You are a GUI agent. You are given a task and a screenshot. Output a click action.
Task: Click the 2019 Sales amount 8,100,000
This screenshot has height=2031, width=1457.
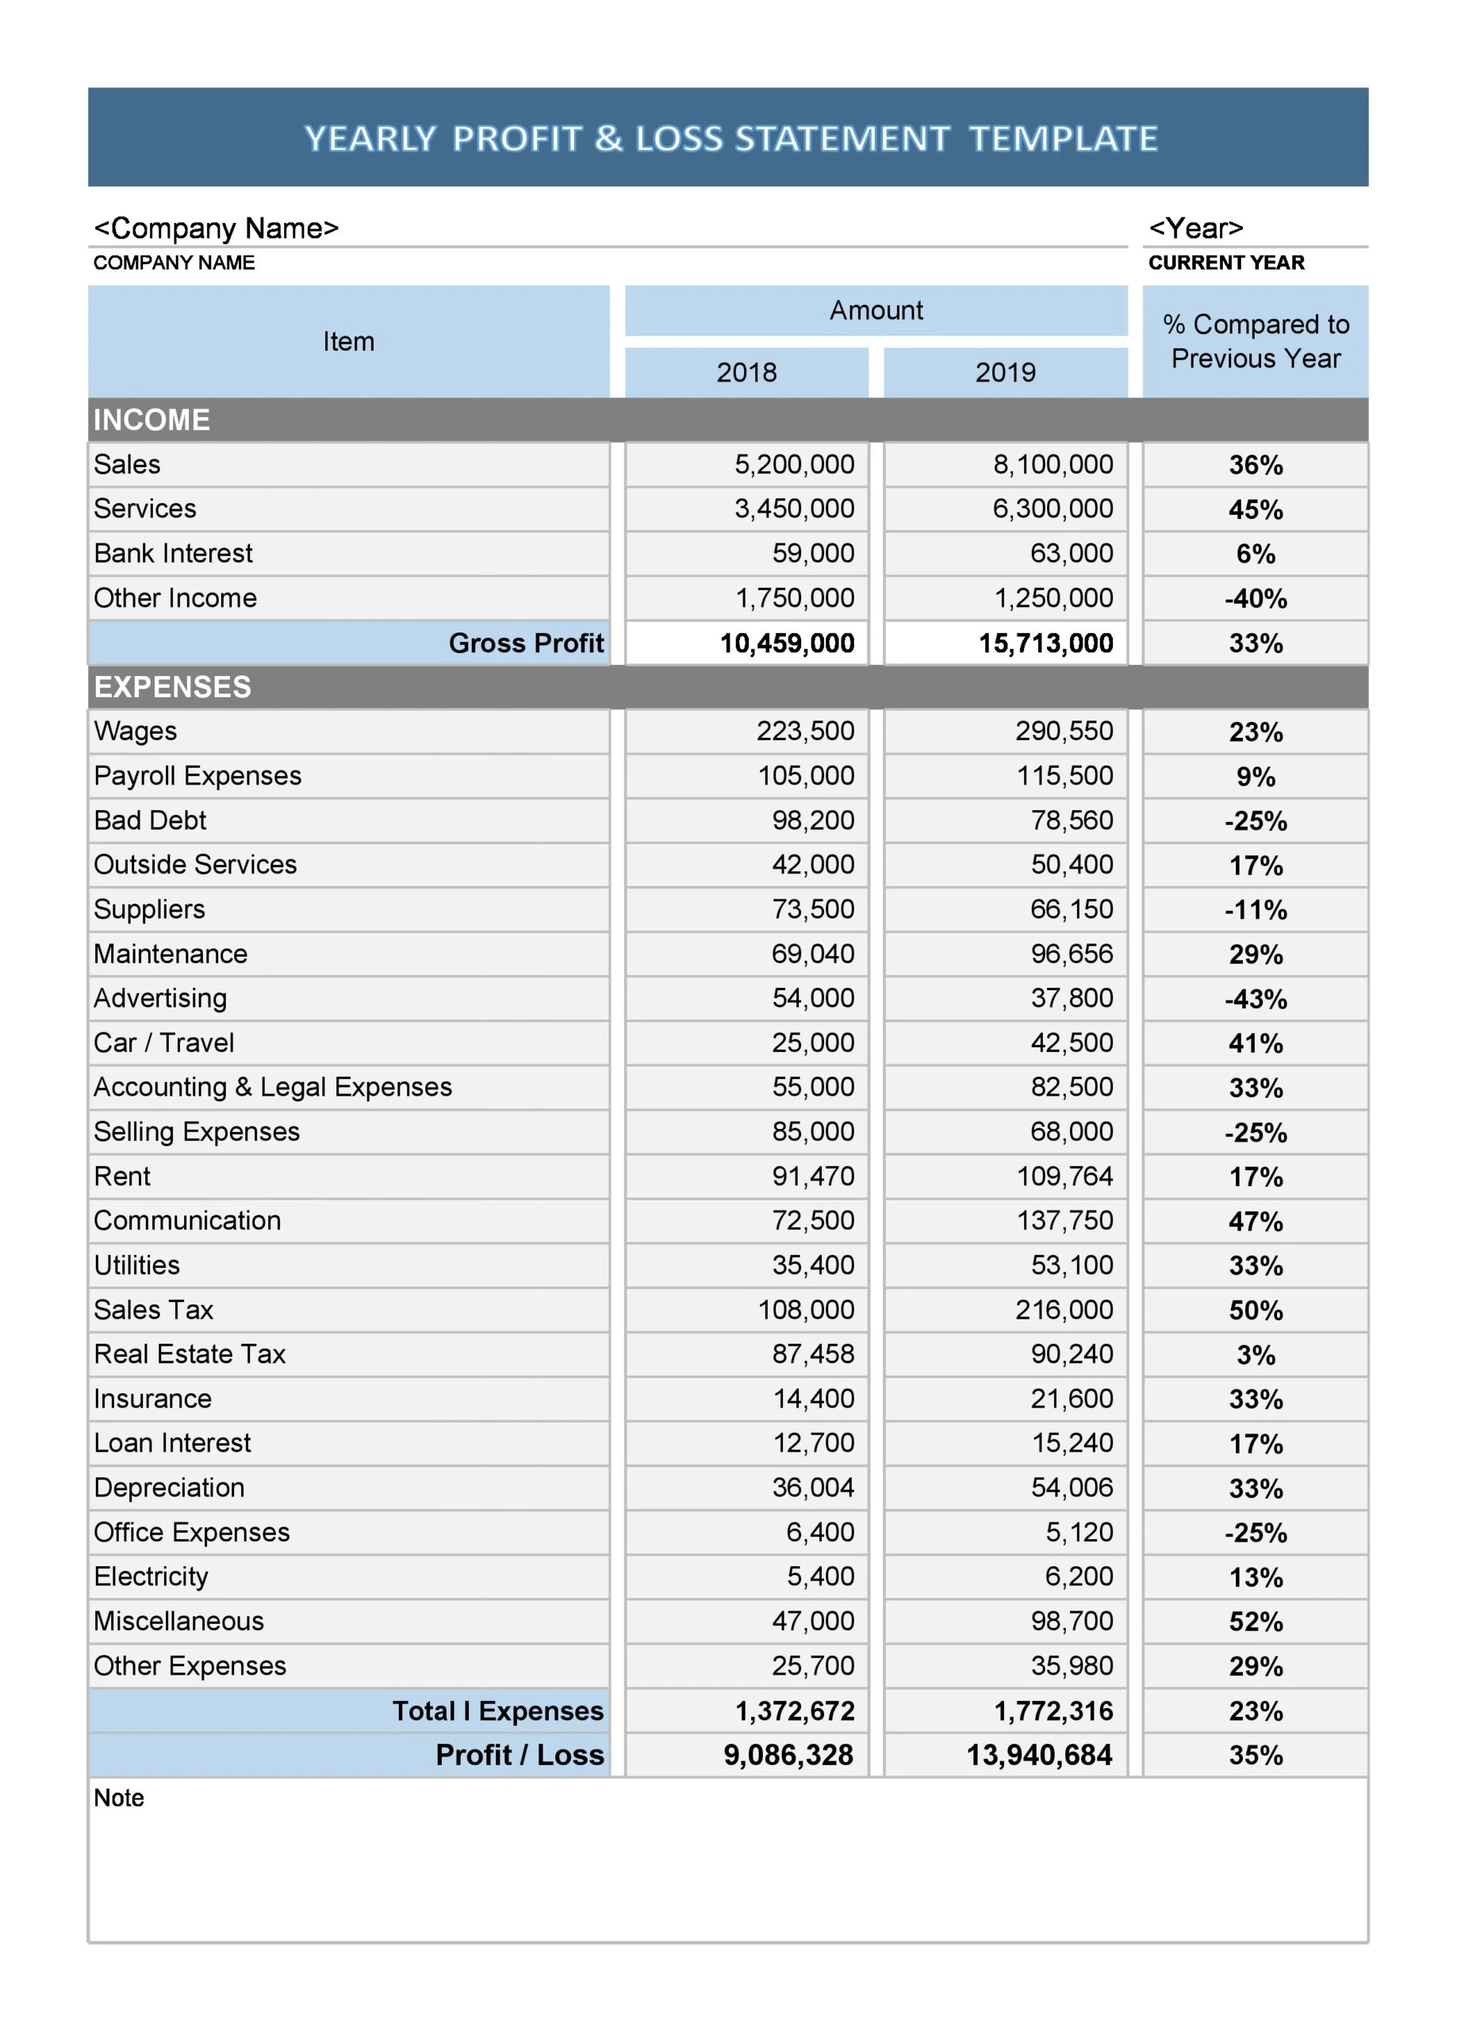pyautogui.click(x=1052, y=464)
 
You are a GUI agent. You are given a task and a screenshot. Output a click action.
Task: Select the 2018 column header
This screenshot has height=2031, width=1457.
pyautogui.click(x=746, y=373)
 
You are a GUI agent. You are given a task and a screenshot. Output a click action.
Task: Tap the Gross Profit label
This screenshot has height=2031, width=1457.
pyautogui.click(x=526, y=643)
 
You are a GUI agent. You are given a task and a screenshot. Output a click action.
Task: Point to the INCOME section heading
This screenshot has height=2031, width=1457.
pyautogui.click(x=151, y=420)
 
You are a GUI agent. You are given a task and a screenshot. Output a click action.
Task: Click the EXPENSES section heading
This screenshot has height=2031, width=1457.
pyautogui.click(x=172, y=687)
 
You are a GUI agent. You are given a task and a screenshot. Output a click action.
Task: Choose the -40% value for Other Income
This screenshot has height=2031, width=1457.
pyautogui.click(x=1255, y=598)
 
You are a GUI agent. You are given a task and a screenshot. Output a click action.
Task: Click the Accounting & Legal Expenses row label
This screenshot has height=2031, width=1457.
pyautogui.click(x=272, y=1087)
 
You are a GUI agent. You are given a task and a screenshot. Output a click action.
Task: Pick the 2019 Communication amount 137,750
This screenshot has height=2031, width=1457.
pyautogui.click(x=1064, y=1220)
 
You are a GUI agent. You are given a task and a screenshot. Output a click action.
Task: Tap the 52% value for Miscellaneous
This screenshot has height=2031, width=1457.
pyautogui.click(x=1255, y=1622)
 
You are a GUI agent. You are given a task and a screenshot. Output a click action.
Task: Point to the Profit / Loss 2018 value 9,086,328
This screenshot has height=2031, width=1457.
pyautogui.click(x=788, y=1755)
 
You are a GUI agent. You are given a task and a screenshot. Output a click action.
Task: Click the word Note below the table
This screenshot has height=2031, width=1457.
pyautogui.click(x=118, y=1799)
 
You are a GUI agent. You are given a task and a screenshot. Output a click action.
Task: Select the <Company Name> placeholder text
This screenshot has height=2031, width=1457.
pyautogui.click(x=216, y=228)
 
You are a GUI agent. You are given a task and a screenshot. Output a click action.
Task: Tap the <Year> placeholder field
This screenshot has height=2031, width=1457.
pyautogui.click(x=1195, y=228)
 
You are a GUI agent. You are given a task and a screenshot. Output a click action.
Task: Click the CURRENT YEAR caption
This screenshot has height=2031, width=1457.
pyautogui.click(x=1225, y=263)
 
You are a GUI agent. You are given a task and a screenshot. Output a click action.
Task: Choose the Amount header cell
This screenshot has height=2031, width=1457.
pyautogui.click(x=875, y=311)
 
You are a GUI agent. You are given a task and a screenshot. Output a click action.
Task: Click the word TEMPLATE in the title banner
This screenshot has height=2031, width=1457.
pyautogui.click(x=1063, y=139)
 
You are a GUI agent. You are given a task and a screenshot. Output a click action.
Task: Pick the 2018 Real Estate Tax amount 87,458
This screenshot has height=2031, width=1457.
pyautogui.click(x=812, y=1354)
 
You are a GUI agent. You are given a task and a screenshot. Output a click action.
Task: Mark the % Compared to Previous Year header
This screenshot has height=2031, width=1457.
pyautogui.click(x=1255, y=341)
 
